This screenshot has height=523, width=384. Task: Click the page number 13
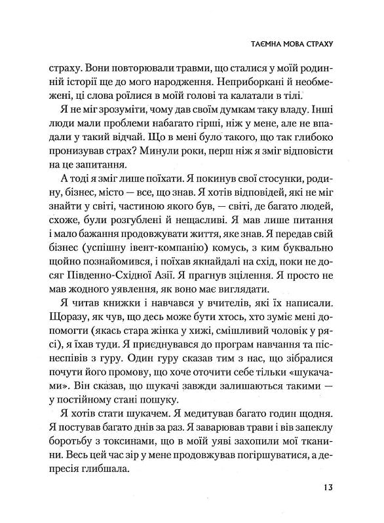click(329, 488)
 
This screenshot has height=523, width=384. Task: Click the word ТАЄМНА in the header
click(248, 45)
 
